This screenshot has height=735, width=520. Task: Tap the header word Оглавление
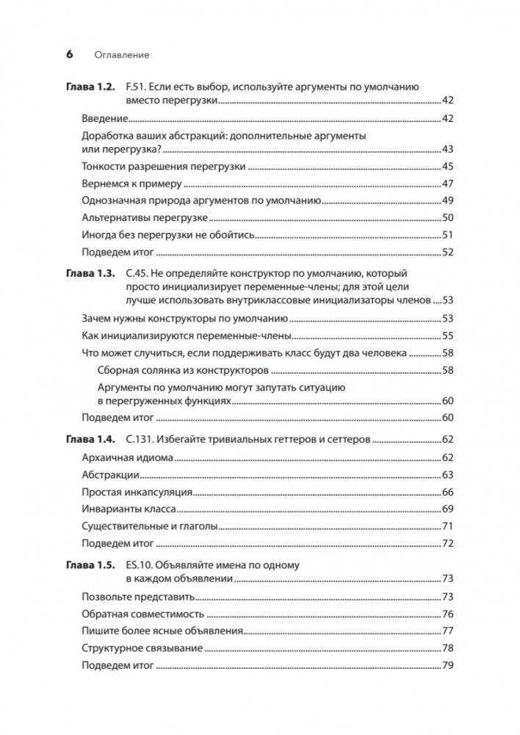click(x=122, y=55)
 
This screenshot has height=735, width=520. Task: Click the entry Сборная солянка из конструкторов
click(x=184, y=370)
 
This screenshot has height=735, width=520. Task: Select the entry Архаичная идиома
click(x=126, y=457)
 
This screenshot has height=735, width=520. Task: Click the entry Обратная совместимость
click(x=142, y=614)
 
